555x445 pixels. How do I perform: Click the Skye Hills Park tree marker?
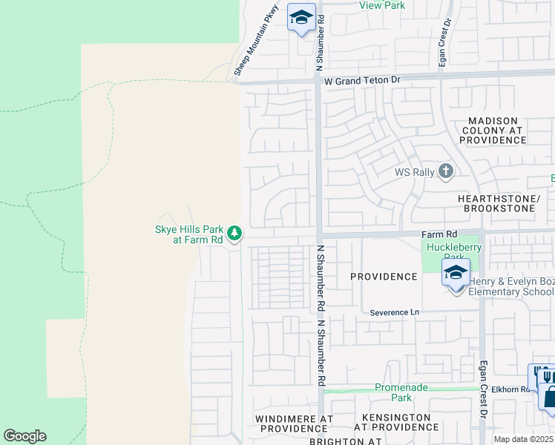coord(234,234)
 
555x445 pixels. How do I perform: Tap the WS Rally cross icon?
coord(445,172)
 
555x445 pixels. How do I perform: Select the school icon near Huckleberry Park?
coord(456,273)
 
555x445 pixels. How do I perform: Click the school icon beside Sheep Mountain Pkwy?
coord(301,17)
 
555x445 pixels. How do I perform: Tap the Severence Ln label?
coord(395,313)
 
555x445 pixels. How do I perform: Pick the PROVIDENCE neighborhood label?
coord(384,277)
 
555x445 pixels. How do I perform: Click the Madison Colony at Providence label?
coord(493,131)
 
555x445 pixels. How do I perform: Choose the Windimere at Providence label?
coord(293,423)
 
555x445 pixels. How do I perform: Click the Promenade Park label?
coord(401,392)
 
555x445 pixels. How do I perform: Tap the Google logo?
coord(24,436)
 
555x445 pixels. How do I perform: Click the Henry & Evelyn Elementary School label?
coord(511,286)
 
